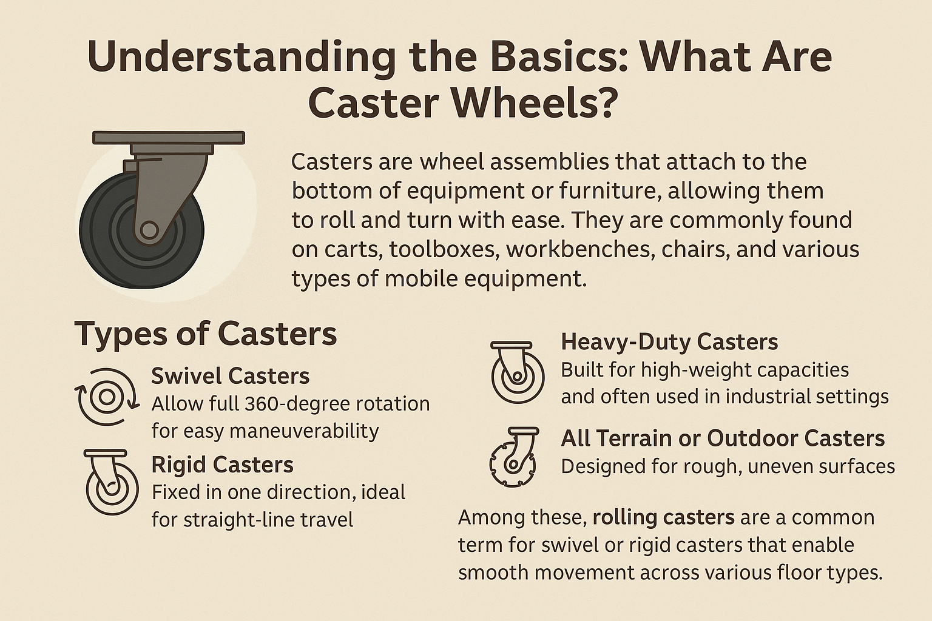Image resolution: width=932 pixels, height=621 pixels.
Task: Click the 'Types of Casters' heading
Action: [x=206, y=334]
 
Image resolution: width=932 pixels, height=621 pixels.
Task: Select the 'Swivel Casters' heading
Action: [x=231, y=376]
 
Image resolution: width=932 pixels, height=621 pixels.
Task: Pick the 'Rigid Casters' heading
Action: [x=223, y=465]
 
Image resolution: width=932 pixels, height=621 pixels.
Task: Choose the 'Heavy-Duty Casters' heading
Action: [x=669, y=342]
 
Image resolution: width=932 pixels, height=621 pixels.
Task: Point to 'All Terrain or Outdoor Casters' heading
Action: [x=723, y=438]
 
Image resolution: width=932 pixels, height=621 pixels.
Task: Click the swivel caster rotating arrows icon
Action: [x=107, y=397]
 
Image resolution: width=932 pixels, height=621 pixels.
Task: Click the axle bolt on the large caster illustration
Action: [x=149, y=230]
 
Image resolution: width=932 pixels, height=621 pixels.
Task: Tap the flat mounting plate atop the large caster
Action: [x=169, y=138]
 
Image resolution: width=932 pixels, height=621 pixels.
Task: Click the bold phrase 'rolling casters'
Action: [x=663, y=517]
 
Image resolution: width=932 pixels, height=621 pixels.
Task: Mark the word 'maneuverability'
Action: [x=304, y=431]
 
